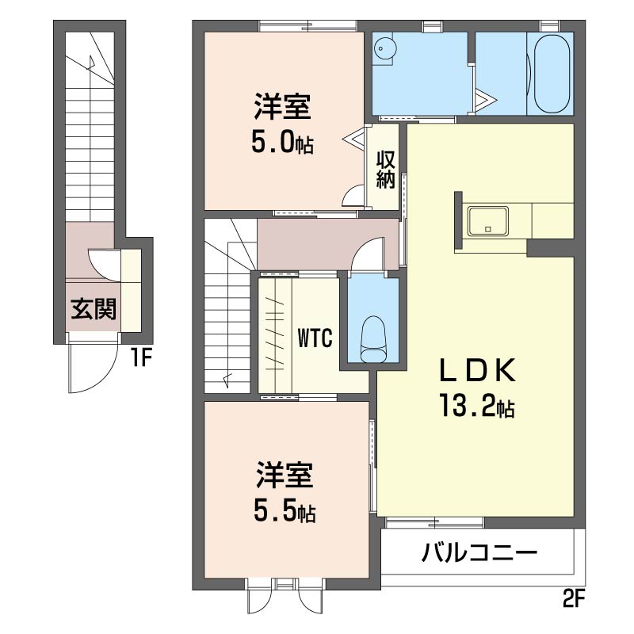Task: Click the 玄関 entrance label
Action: tap(94, 310)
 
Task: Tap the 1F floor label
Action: tap(141, 358)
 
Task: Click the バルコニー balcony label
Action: tap(480, 551)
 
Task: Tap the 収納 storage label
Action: tap(385, 169)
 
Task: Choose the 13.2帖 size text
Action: tap(479, 407)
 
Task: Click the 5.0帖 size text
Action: tap(283, 143)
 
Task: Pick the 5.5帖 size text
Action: tap(285, 513)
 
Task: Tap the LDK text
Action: tap(479, 370)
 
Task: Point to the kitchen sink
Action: tap(488, 220)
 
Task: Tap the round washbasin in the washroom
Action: tap(385, 48)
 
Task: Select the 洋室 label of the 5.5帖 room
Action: tap(285, 475)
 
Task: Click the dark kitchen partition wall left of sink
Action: tap(458, 221)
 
